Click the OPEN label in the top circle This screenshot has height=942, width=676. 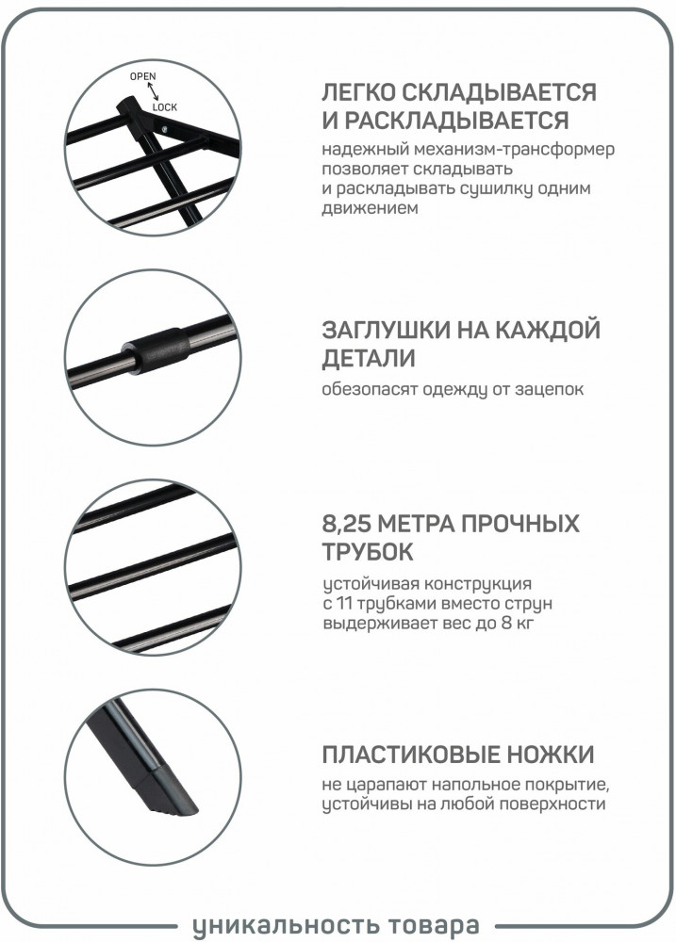point(142,76)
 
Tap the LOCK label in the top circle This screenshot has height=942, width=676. point(165,107)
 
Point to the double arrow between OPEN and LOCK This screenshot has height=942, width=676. point(154,91)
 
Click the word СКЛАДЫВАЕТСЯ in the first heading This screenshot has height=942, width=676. point(499,92)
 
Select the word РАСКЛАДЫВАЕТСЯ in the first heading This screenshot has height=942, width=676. point(456,121)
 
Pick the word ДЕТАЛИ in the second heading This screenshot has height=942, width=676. point(369,358)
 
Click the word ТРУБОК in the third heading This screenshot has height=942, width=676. point(368,551)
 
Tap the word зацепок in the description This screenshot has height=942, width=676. point(549,389)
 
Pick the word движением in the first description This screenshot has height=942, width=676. point(370,208)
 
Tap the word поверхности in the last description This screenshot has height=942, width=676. point(552,804)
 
